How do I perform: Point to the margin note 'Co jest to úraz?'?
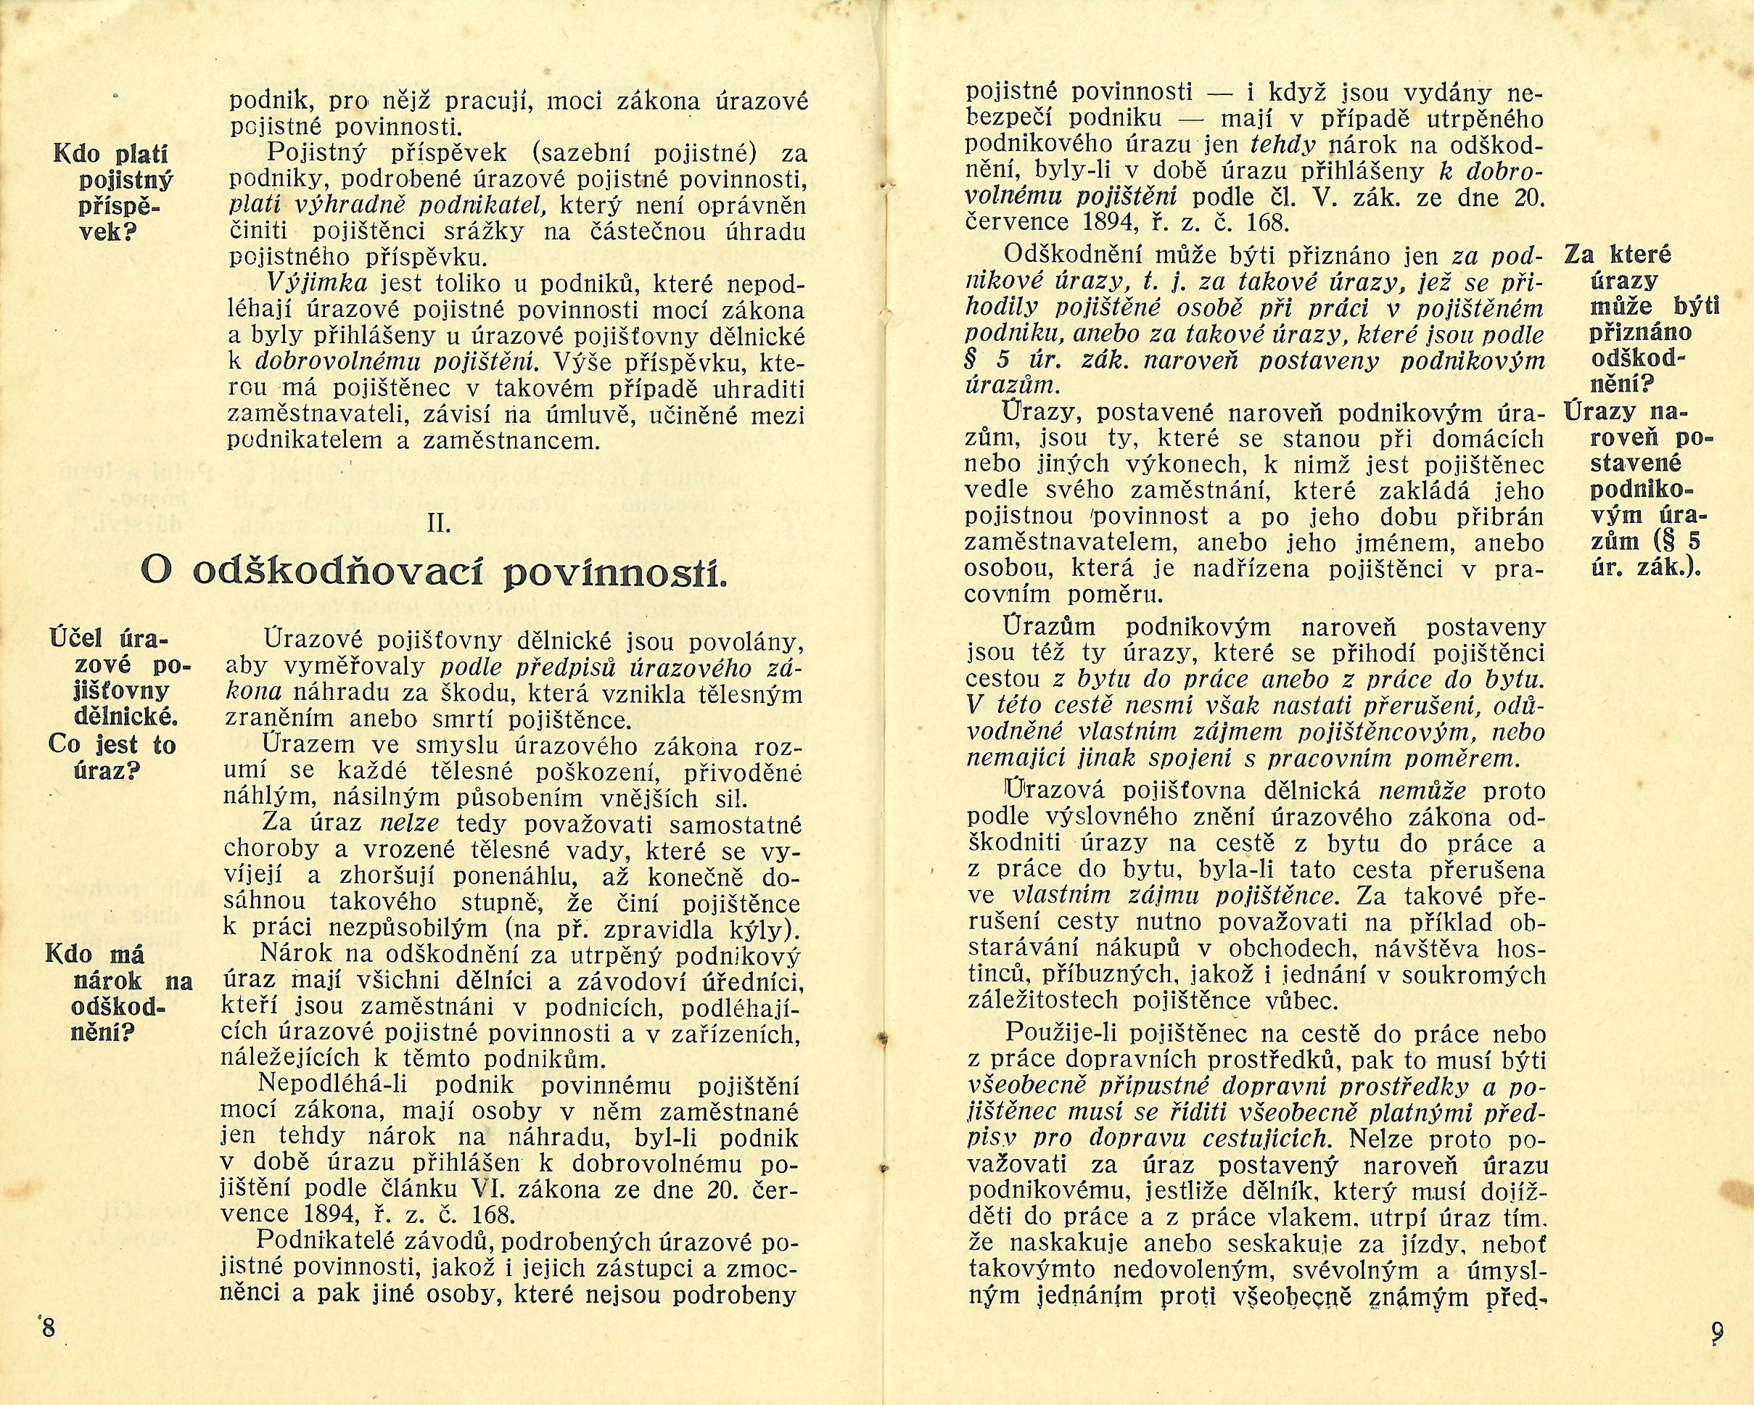pyautogui.click(x=112, y=757)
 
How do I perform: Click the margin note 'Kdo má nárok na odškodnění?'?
pyautogui.click(x=119, y=992)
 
